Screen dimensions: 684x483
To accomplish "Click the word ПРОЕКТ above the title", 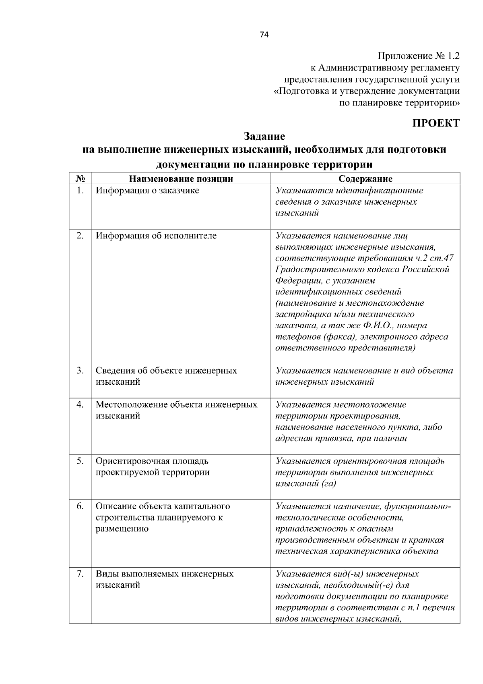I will pos(436,123).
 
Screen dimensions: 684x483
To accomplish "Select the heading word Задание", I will pos(264,136).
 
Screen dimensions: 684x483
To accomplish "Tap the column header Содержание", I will pos(365,179).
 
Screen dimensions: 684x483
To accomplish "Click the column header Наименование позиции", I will pos(181,179).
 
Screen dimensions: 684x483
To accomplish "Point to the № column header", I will pos(80,179).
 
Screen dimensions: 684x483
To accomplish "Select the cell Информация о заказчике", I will pos(147,191).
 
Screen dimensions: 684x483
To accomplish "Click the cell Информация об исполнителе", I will pos(156,236).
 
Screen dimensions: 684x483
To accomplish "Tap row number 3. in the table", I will pos(80,371).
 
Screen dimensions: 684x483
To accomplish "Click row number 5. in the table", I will pos(80,461).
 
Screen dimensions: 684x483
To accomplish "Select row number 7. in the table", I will pos(80,574).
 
